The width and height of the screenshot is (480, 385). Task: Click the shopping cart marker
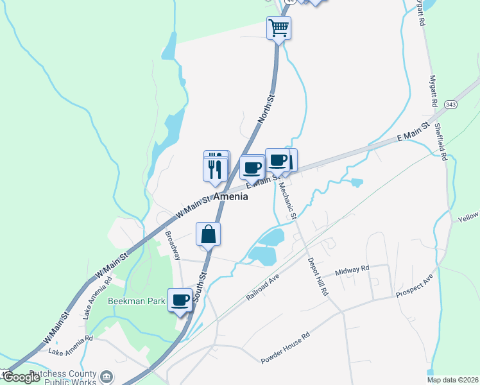point(279,28)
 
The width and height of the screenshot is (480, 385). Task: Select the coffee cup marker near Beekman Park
point(180,300)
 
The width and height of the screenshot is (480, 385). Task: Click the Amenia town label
point(230,197)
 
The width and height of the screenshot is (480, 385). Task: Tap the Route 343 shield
point(450,104)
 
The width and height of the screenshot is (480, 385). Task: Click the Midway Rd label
point(352,270)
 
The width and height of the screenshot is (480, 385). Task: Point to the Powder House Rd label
point(285,348)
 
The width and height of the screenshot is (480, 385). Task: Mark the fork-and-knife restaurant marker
point(214,169)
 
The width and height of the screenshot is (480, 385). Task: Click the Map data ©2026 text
point(452,380)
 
